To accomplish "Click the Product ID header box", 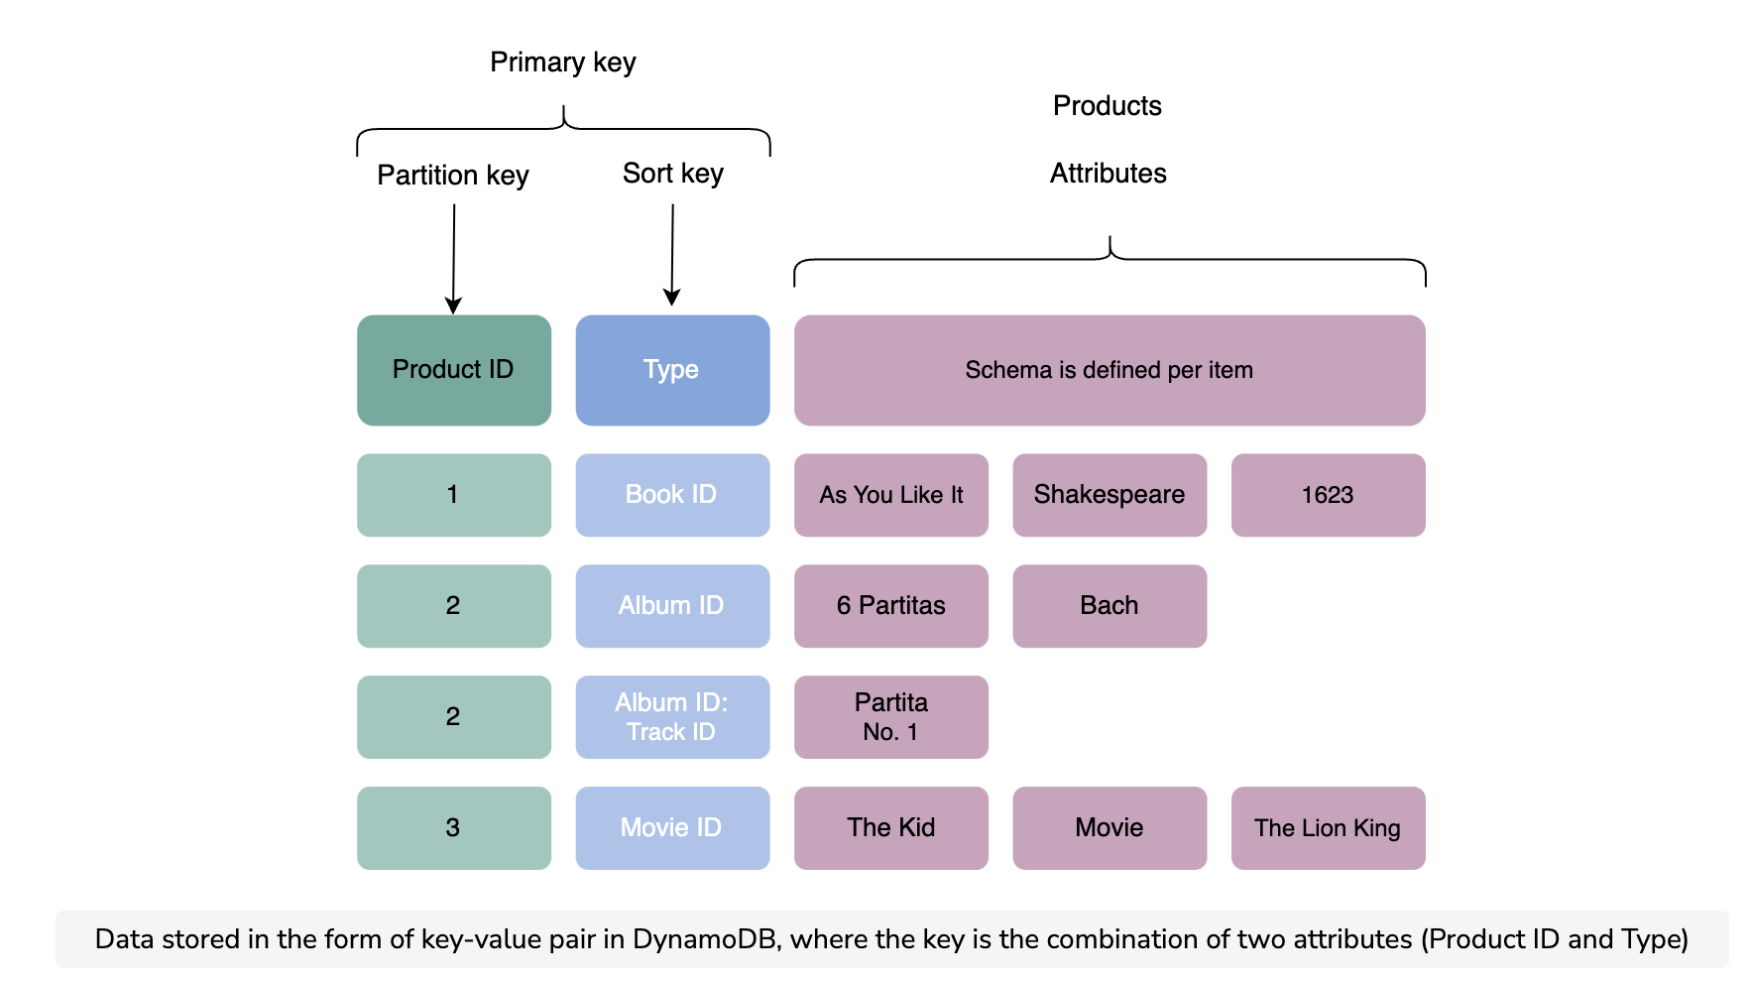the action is pos(454,370).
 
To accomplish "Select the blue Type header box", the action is pos(672,370).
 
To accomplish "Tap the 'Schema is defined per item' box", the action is pos(1109,370).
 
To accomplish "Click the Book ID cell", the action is pos(672,495).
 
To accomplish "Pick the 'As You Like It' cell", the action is pos(891,495).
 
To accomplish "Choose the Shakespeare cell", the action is pos(1109,495).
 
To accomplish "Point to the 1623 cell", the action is pos(1329,495).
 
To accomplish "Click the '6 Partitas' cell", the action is pos(891,606).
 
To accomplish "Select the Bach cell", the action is pos(1109,606).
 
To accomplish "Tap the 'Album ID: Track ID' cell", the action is pos(672,717).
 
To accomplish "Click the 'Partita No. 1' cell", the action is pos(891,717).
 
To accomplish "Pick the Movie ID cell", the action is pos(672,828).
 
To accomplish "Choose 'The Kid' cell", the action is pos(891,828).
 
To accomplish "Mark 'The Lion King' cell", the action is pos(1329,828).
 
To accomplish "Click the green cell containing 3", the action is pos(454,828).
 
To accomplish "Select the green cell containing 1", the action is pos(454,495).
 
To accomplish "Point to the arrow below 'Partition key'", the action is pos(454,259).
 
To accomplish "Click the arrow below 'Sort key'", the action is pos(672,255).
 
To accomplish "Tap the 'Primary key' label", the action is pos(563,62).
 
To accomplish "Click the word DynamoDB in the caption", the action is pos(705,939).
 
